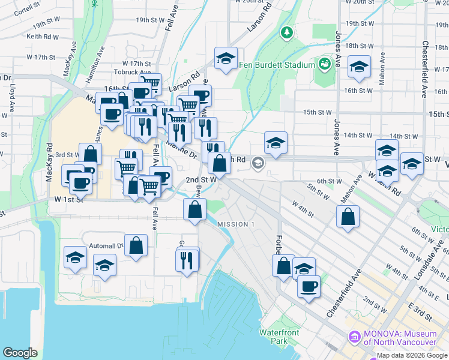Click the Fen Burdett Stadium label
click(x=277, y=65)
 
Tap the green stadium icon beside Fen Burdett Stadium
click(x=325, y=63)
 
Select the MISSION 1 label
click(x=236, y=224)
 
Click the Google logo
click(x=20, y=352)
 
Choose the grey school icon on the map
click(x=258, y=162)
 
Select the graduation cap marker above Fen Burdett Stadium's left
click(x=226, y=59)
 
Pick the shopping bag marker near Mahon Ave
click(x=348, y=217)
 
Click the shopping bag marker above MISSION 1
click(x=194, y=209)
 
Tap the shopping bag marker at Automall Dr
click(x=136, y=245)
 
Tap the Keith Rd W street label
click(x=42, y=37)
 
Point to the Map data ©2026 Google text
click(x=411, y=355)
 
